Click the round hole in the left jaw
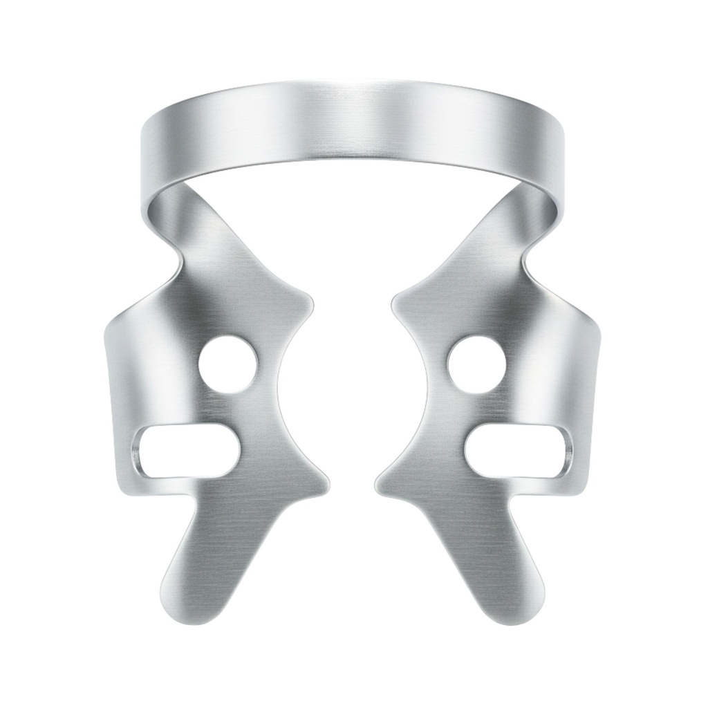coord(227,365)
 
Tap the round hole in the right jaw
coord(476,364)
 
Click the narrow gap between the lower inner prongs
coord(352,484)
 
